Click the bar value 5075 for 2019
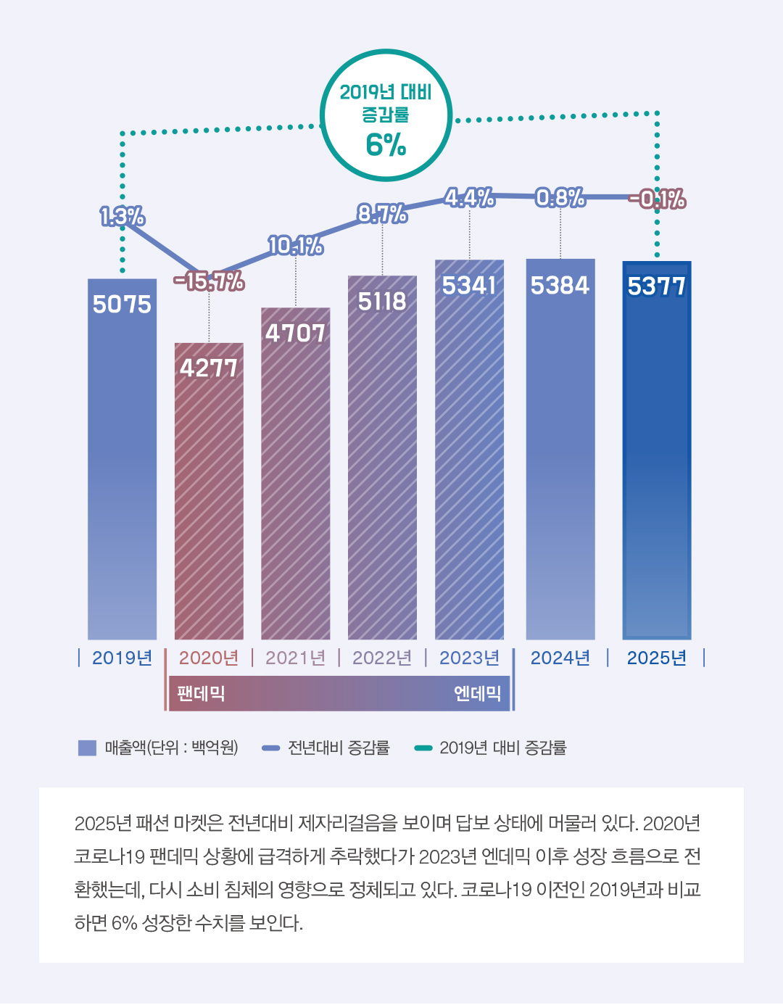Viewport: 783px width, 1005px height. pyautogui.click(x=122, y=304)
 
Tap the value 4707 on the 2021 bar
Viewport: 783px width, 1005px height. pyautogui.click(x=295, y=333)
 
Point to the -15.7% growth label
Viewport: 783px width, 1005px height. pyautogui.click(x=209, y=281)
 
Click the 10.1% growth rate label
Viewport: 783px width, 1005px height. pyautogui.click(x=295, y=246)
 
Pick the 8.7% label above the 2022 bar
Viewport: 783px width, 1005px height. pyautogui.click(x=382, y=213)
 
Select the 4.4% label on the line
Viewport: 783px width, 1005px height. pyautogui.click(x=469, y=197)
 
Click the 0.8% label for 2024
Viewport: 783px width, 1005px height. pyautogui.click(x=560, y=197)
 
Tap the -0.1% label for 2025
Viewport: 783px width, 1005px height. pyautogui.click(x=657, y=199)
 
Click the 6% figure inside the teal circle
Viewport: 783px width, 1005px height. pyautogui.click(x=386, y=145)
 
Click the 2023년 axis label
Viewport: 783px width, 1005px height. pyautogui.click(x=469, y=658)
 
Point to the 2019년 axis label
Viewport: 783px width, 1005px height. pyautogui.click(x=122, y=658)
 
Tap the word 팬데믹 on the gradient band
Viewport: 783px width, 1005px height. pyautogui.click(x=201, y=693)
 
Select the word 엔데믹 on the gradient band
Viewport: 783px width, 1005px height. pyautogui.click(x=477, y=693)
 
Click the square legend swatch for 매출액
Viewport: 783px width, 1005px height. pyautogui.click(x=87, y=748)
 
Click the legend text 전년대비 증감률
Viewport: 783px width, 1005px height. pyautogui.click(x=339, y=748)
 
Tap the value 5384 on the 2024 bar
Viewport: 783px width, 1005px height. pyautogui.click(x=560, y=286)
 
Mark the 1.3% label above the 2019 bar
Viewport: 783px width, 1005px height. pyautogui.click(x=122, y=216)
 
